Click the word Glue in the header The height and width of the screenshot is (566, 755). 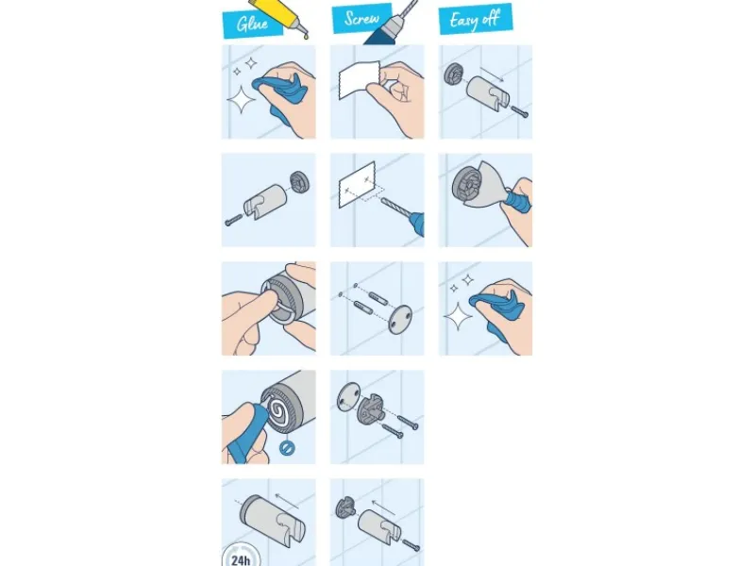tap(252, 23)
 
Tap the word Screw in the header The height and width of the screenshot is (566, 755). tap(361, 18)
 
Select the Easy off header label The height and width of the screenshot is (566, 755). tap(476, 19)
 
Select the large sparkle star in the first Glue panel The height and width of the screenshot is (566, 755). tap(242, 99)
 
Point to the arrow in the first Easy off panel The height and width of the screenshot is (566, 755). tap(492, 75)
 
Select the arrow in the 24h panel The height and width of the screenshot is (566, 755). tap(287, 501)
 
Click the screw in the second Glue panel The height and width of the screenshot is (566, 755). tap(233, 221)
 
